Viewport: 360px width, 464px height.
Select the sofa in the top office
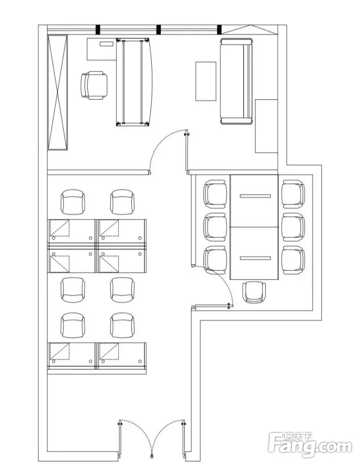tap(237, 82)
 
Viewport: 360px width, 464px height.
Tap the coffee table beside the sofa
tap(206, 81)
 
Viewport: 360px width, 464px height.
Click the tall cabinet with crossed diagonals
tap(58, 92)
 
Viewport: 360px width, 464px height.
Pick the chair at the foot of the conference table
tap(255, 292)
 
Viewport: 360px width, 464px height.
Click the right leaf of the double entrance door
tap(169, 436)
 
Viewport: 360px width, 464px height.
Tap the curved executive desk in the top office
tap(135, 82)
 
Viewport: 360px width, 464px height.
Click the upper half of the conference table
tap(255, 201)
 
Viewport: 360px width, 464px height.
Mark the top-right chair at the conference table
tap(293, 193)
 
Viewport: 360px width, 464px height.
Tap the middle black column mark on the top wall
tap(159, 29)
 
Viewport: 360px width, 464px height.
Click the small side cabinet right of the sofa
tap(266, 126)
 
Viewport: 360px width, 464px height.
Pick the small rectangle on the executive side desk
tap(106, 44)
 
